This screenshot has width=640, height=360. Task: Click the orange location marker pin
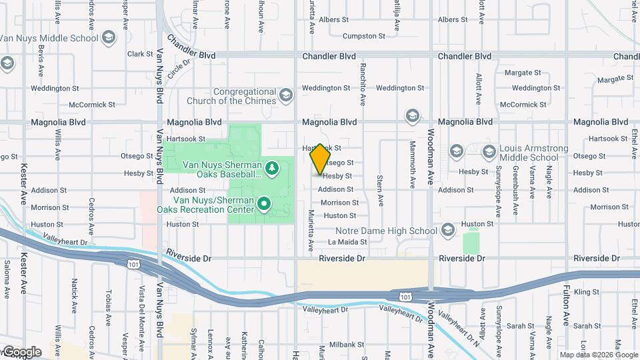[321, 159]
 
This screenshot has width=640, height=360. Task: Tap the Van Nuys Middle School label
[49, 37]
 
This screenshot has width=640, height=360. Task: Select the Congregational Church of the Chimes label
[245, 96]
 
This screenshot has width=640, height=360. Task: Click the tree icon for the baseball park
[271, 169]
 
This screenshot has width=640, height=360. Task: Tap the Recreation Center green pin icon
[264, 203]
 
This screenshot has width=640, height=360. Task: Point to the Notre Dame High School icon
[447, 231]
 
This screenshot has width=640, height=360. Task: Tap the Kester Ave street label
[23, 183]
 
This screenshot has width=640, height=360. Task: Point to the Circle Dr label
[179, 69]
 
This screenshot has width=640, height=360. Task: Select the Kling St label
[587, 292]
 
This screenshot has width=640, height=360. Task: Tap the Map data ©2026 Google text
[598, 354]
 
